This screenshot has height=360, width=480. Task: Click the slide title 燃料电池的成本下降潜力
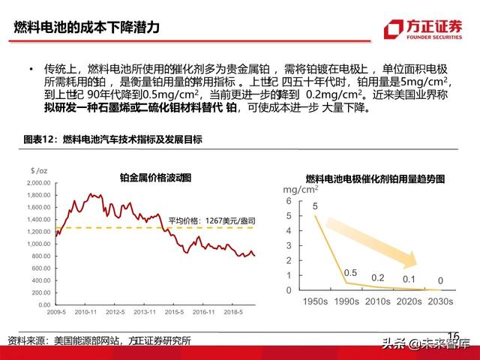click(87, 29)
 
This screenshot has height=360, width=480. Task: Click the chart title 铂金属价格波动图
click(156, 178)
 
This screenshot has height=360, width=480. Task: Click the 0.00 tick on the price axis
click(43, 304)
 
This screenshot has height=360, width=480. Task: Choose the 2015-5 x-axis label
click(175, 311)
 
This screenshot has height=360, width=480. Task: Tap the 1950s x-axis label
click(312, 301)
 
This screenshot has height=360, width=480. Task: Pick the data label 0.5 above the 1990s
click(349, 272)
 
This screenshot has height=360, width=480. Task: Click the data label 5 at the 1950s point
click(315, 206)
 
